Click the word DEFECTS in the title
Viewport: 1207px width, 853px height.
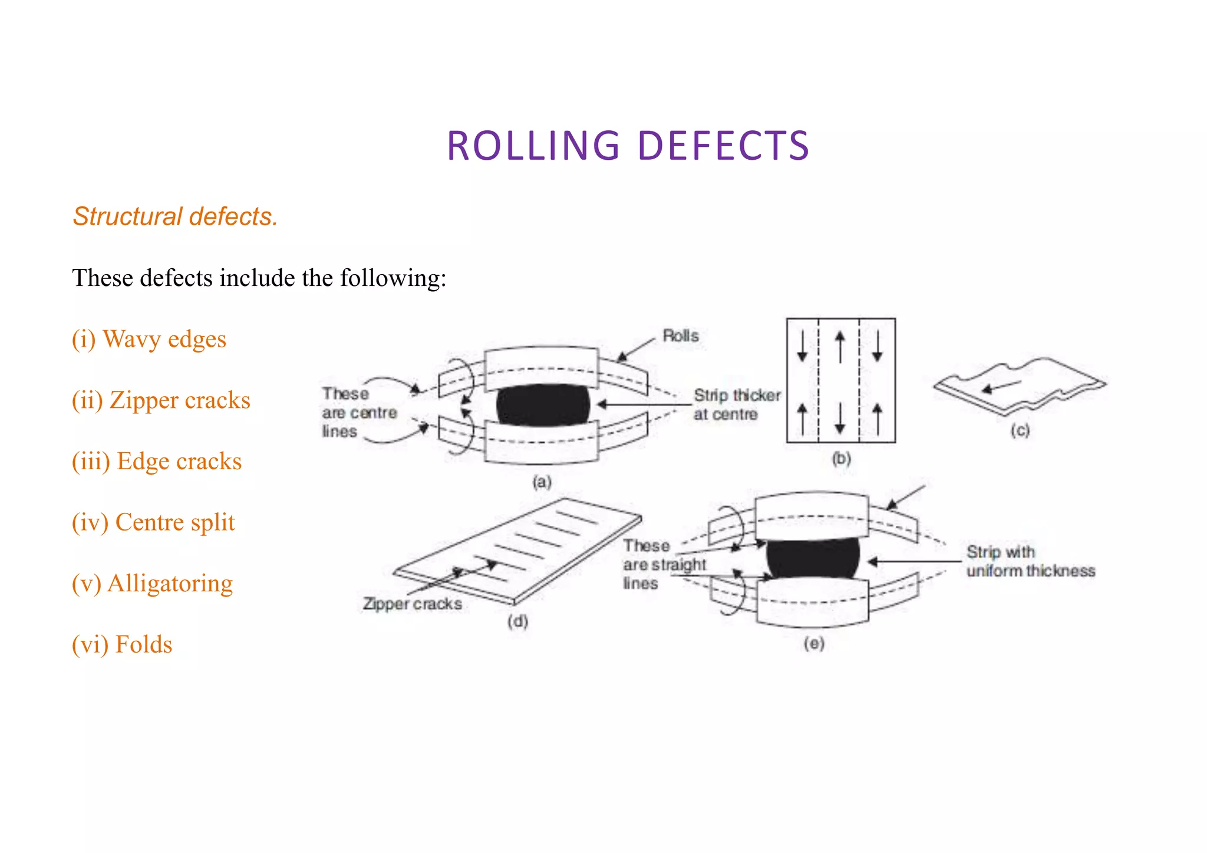pos(723,146)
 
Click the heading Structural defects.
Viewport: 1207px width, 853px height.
pos(175,217)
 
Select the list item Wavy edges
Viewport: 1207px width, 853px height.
pos(149,340)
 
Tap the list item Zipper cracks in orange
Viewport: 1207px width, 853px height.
pos(161,400)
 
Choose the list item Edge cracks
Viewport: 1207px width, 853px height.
pos(157,462)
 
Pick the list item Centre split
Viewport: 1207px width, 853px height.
pos(153,523)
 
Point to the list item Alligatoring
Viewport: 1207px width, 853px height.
pos(152,584)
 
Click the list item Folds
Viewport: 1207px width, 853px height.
pos(122,645)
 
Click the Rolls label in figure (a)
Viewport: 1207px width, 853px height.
pos(680,336)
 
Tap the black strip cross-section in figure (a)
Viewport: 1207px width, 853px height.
pos(542,405)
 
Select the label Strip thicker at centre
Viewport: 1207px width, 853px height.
pos(736,404)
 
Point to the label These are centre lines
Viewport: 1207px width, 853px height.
pos(358,413)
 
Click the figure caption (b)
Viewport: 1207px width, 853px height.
pos(841,458)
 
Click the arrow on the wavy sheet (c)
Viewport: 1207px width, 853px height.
pos(1001,387)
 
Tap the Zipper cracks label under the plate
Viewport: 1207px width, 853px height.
pos(412,604)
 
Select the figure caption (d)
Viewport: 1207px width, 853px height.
pos(517,621)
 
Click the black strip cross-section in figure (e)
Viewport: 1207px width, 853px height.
pos(813,558)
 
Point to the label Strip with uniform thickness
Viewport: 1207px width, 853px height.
pos(1030,561)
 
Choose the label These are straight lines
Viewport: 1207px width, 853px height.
pos(663,565)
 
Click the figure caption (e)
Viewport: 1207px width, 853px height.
pos(814,644)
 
